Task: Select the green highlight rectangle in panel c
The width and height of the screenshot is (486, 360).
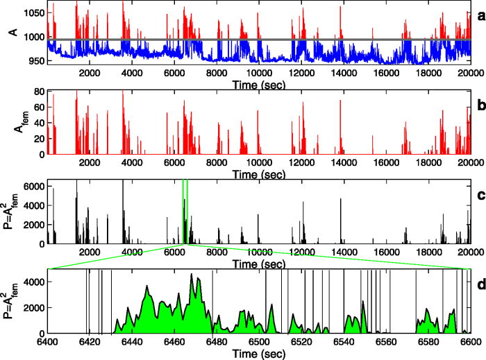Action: pos(185,212)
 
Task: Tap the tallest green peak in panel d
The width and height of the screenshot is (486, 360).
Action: pos(192,275)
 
